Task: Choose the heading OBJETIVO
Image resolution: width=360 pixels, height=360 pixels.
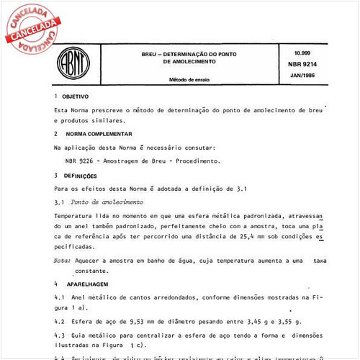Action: [x=75, y=96]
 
